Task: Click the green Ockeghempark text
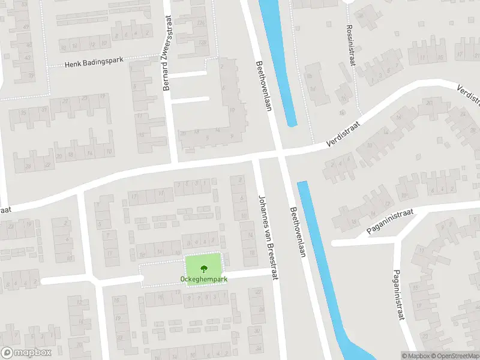tap(203, 279)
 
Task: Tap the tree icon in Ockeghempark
tap(203, 268)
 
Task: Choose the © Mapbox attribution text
tap(416, 356)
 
